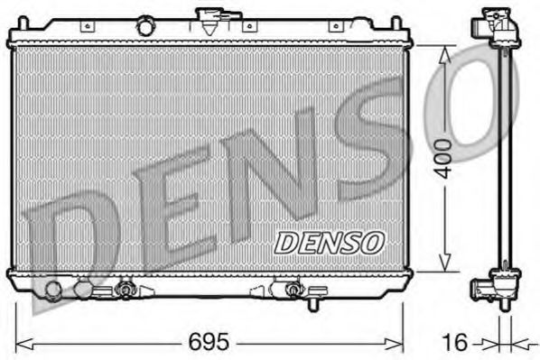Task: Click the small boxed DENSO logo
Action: [x=329, y=242]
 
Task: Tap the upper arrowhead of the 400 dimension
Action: [x=443, y=52]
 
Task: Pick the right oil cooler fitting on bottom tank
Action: [x=292, y=290]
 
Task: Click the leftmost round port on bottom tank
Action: [x=53, y=290]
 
